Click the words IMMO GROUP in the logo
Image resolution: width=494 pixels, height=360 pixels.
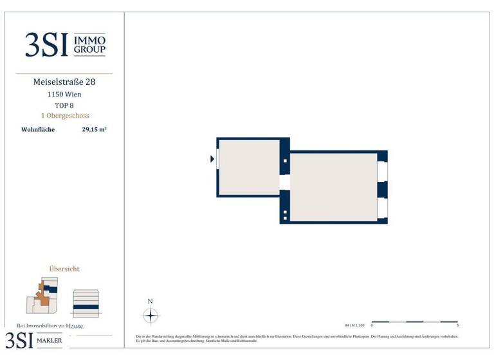tap(90, 45)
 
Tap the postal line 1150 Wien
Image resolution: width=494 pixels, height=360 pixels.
tap(64, 94)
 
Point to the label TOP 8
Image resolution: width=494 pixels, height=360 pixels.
tap(64, 105)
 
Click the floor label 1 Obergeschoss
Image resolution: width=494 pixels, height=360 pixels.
tap(64, 116)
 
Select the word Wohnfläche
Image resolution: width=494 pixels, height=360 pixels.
tap(38, 129)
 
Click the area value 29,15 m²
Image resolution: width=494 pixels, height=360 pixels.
tap(94, 129)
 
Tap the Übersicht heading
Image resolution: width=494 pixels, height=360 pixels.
tap(64, 269)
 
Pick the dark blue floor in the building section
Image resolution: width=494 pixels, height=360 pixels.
tap(86, 307)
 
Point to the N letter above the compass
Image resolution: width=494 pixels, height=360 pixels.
tap(150, 301)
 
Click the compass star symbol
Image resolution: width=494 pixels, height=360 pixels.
tap(150, 316)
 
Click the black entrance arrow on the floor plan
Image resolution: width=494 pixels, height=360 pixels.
tap(212, 159)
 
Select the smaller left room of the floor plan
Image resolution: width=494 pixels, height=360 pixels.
tap(250, 167)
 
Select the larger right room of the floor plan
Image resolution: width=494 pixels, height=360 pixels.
tap(333, 186)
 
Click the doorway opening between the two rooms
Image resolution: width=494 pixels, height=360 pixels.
tap(285, 182)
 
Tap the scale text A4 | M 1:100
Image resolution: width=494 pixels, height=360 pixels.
tap(354, 325)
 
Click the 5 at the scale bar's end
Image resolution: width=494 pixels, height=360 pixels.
tap(457, 326)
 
